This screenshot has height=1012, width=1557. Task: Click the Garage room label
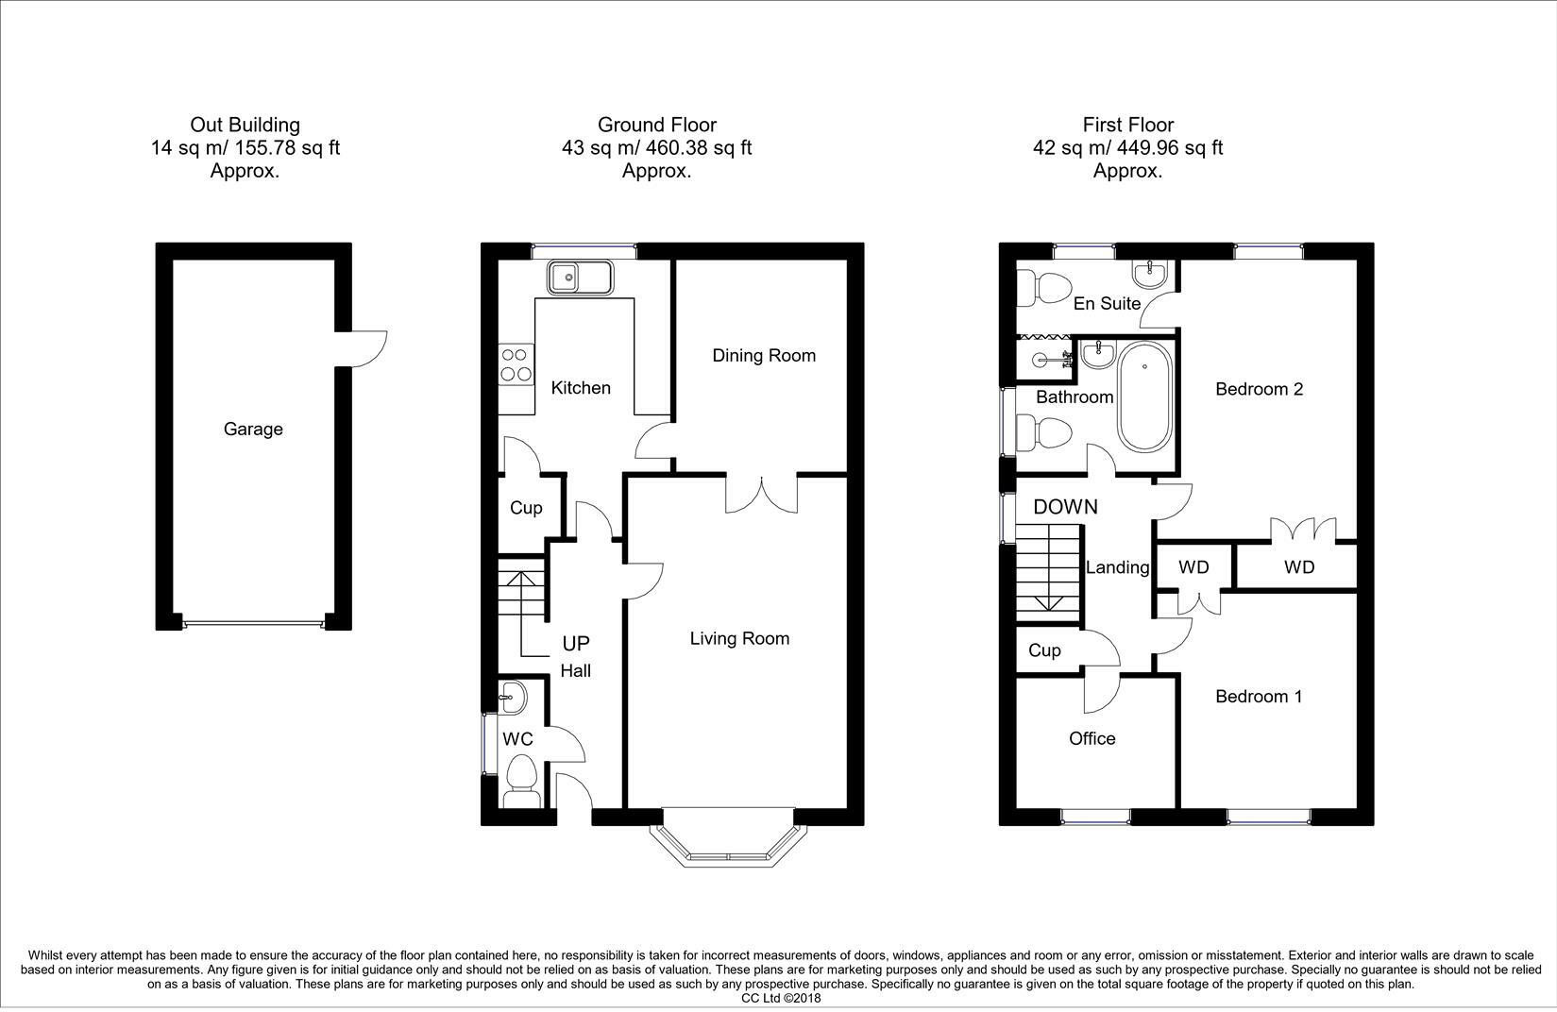[x=253, y=430]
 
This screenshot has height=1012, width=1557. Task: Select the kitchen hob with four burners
[x=516, y=365]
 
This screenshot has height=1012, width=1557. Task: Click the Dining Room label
[x=763, y=356]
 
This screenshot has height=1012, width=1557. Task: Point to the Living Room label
[x=738, y=639]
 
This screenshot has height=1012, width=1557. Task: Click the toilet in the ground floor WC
[x=521, y=780]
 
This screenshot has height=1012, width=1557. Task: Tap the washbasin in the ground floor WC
[x=513, y=700]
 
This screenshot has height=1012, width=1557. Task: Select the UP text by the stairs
[x=575, y=644]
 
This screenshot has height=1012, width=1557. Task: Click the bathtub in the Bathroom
[x=1144, y=396]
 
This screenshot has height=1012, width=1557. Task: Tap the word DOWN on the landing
[x=1065, y=507]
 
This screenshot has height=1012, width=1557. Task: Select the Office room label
[x=1092, y=739]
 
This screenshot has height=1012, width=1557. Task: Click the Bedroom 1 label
[x=1259, y=697]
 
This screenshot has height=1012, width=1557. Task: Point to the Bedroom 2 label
[x=1259, y=389]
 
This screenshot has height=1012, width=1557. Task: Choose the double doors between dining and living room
[x=761, y=493]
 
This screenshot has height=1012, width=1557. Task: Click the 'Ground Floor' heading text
[x=656, y=125]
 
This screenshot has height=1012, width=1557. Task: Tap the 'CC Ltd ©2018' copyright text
[x=781, y=998]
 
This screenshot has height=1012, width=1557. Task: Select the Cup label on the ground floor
[x=526, y=508]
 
